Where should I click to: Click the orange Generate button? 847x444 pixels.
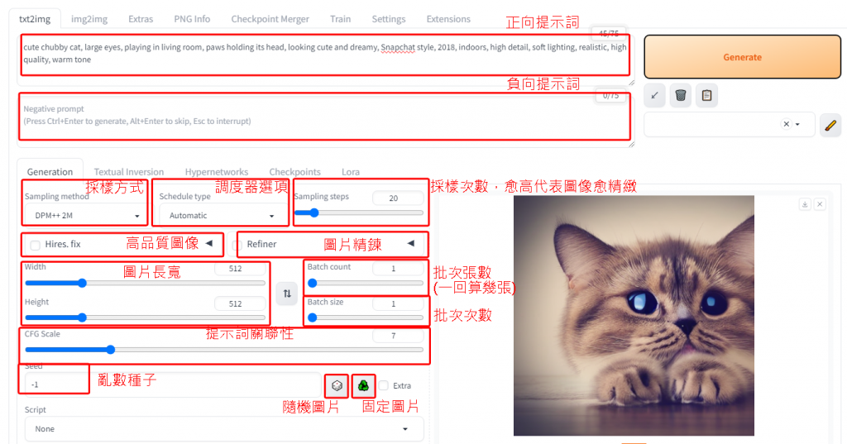tap(742, 57)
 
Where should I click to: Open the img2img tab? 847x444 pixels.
tap(89, 19)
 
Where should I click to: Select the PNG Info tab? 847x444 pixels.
tap(192, 19)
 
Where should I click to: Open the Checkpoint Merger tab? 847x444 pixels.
tap(270, 19)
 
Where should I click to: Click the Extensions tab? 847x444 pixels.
tap(448, 19)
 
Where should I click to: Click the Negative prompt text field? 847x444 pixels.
tap(324, 116)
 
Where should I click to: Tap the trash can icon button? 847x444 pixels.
tap(681, 96)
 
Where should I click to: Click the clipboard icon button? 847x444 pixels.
tap(706, 96)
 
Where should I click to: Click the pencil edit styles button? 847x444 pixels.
tap(830, 125)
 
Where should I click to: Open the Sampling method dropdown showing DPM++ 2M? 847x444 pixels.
tap(85, 216)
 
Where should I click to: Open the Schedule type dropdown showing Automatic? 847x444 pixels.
tap(220, 216)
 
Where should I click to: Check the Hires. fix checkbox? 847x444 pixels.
tap(35, 245)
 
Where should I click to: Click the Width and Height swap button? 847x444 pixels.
tap(287, 294)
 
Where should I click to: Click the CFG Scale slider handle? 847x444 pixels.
tap(110, 350)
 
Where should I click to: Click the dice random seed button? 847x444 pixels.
tap(337, 385)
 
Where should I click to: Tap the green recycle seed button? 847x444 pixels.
tap(363, 385)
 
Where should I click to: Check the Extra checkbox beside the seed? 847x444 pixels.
tap(384, 385)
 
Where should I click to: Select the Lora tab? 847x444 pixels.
tap(351, 172)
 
